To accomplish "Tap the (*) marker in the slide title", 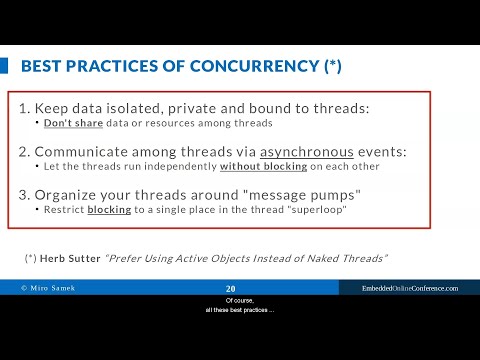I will point(334,67).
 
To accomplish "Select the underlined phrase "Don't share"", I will point(67,123).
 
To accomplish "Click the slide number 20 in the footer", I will point(231,288).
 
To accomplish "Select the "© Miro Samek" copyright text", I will point(49,288).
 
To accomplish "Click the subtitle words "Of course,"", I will point(240,299).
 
